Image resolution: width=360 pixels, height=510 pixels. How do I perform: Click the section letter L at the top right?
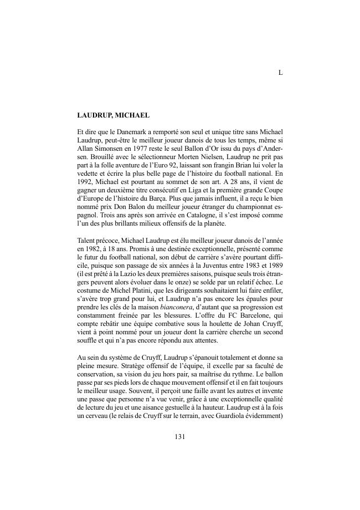280,73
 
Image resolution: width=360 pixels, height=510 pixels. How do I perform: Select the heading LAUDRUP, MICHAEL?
114,116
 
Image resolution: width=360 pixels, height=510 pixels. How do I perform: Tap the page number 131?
179,436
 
